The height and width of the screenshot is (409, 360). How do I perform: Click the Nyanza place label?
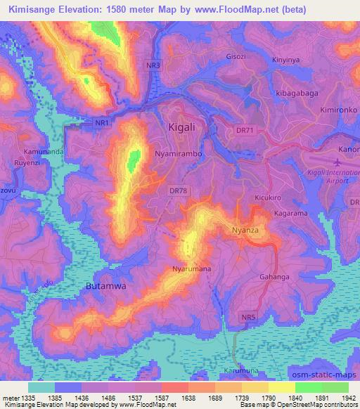pyautogui.click(x=246, y=231)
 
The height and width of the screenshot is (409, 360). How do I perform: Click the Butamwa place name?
pyautogui.click(x=104, y=287)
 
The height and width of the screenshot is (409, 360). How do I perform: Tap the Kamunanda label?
pyautogui.click(x=44, y=152)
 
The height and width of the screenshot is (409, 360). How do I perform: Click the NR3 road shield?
pyautogui.click(x=154, y=65)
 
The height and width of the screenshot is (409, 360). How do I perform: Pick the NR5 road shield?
pyautogui.click(x=243, y=318)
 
